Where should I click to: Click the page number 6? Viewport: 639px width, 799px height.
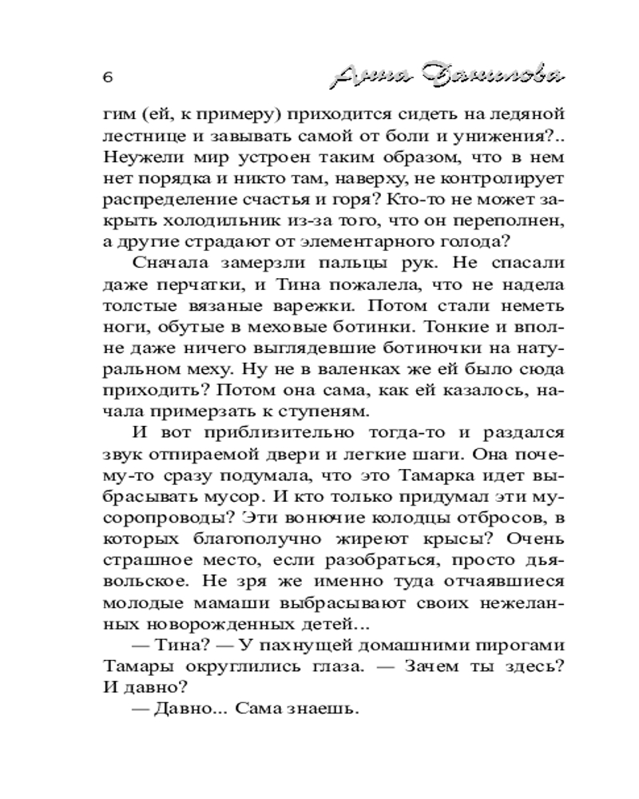tap(108, 78)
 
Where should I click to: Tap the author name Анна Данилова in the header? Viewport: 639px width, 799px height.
tap(447, 77)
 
